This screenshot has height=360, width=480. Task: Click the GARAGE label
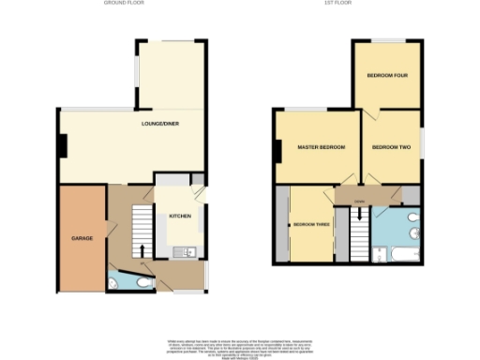(x=81, y=238)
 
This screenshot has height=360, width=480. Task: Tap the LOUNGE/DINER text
(x=160, y=125)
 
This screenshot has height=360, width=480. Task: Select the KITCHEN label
(x=180, y=217)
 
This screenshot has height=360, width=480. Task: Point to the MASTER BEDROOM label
(x=322, y=148)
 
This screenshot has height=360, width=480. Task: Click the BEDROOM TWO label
(x=392, y=148)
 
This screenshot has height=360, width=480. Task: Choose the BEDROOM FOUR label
(x=385, y=75)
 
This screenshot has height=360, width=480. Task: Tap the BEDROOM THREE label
(x=310, y=225)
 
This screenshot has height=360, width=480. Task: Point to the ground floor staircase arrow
(x=142, y=248)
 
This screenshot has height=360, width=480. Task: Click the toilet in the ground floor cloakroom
(x=140, y=279)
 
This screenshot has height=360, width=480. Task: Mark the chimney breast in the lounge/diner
(x=62, y=146)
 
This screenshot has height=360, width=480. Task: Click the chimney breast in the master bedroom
(x=278, y=148)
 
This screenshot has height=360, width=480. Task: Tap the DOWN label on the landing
(x=360, y=201)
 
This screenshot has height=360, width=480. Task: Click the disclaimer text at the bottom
(x=240, y=344)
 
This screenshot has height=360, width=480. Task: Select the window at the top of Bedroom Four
(x=385, y=40)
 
